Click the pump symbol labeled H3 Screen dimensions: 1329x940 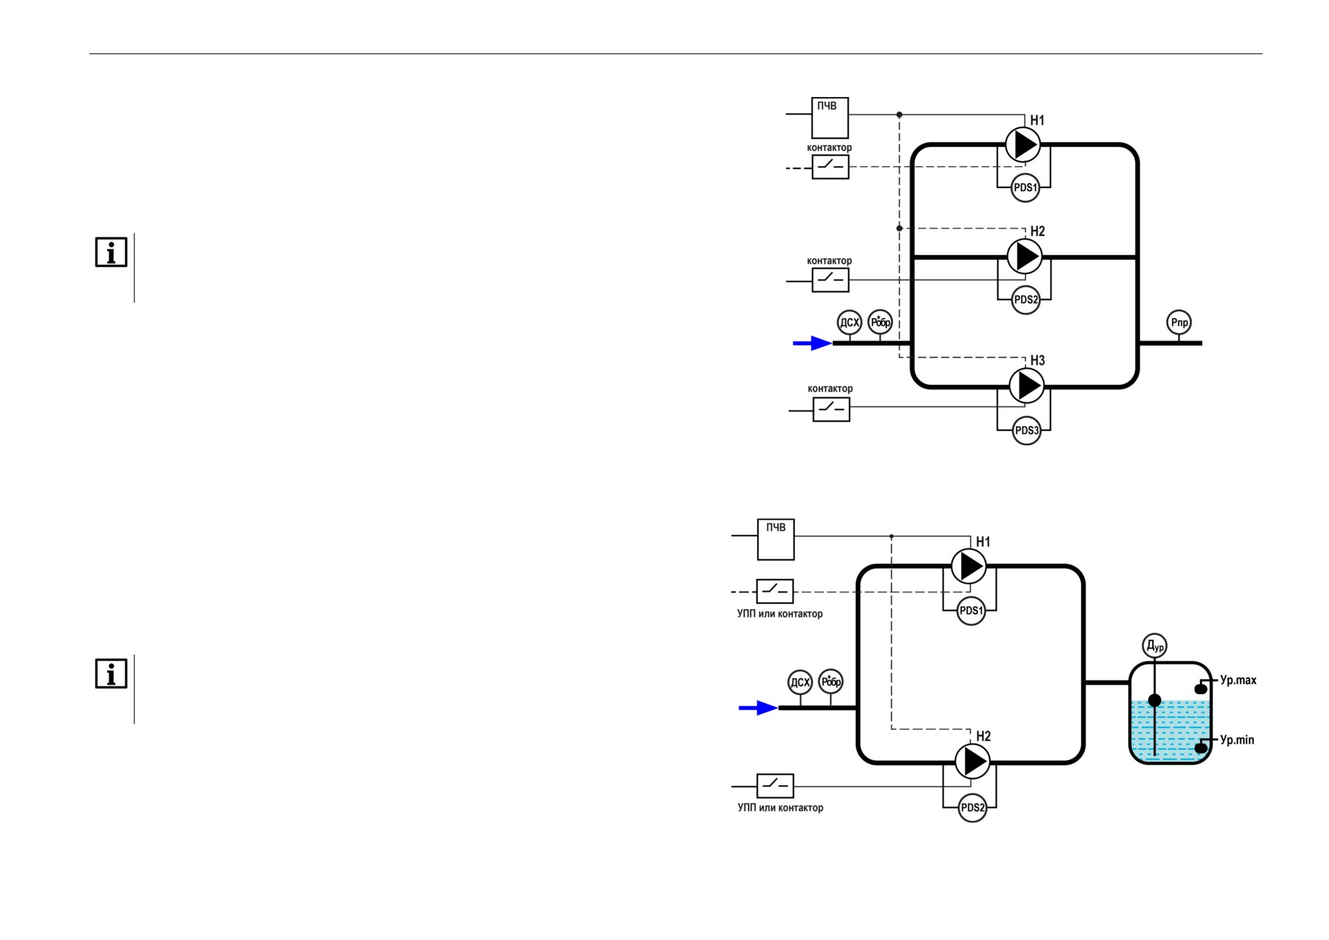[1026, 385]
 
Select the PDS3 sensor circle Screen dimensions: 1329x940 [1026, 430]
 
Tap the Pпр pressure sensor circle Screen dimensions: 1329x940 [1179, 322]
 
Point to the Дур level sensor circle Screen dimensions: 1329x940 [1155, 646]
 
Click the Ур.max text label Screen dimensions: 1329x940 [1238, 681]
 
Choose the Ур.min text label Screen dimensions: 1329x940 [1236, 740]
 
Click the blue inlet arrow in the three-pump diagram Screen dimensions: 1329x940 [812, 344]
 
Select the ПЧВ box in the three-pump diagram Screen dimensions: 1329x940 [830, 118]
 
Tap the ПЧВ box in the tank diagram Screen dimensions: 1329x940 [776, 539]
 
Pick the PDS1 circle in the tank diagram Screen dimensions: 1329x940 [972, 611]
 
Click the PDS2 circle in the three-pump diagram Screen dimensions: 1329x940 [1026, 300]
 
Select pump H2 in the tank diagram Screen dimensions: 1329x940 [972, 761]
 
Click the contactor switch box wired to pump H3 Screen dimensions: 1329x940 [831, 409]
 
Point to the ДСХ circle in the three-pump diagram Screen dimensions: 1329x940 [850, 322]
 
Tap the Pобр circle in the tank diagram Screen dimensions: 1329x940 [831, 682]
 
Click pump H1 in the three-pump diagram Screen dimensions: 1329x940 [1023, 145]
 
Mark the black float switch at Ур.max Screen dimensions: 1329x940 [1201, 689]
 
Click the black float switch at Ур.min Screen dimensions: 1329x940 [1201, 749]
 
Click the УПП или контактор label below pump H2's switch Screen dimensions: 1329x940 [781, 808]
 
